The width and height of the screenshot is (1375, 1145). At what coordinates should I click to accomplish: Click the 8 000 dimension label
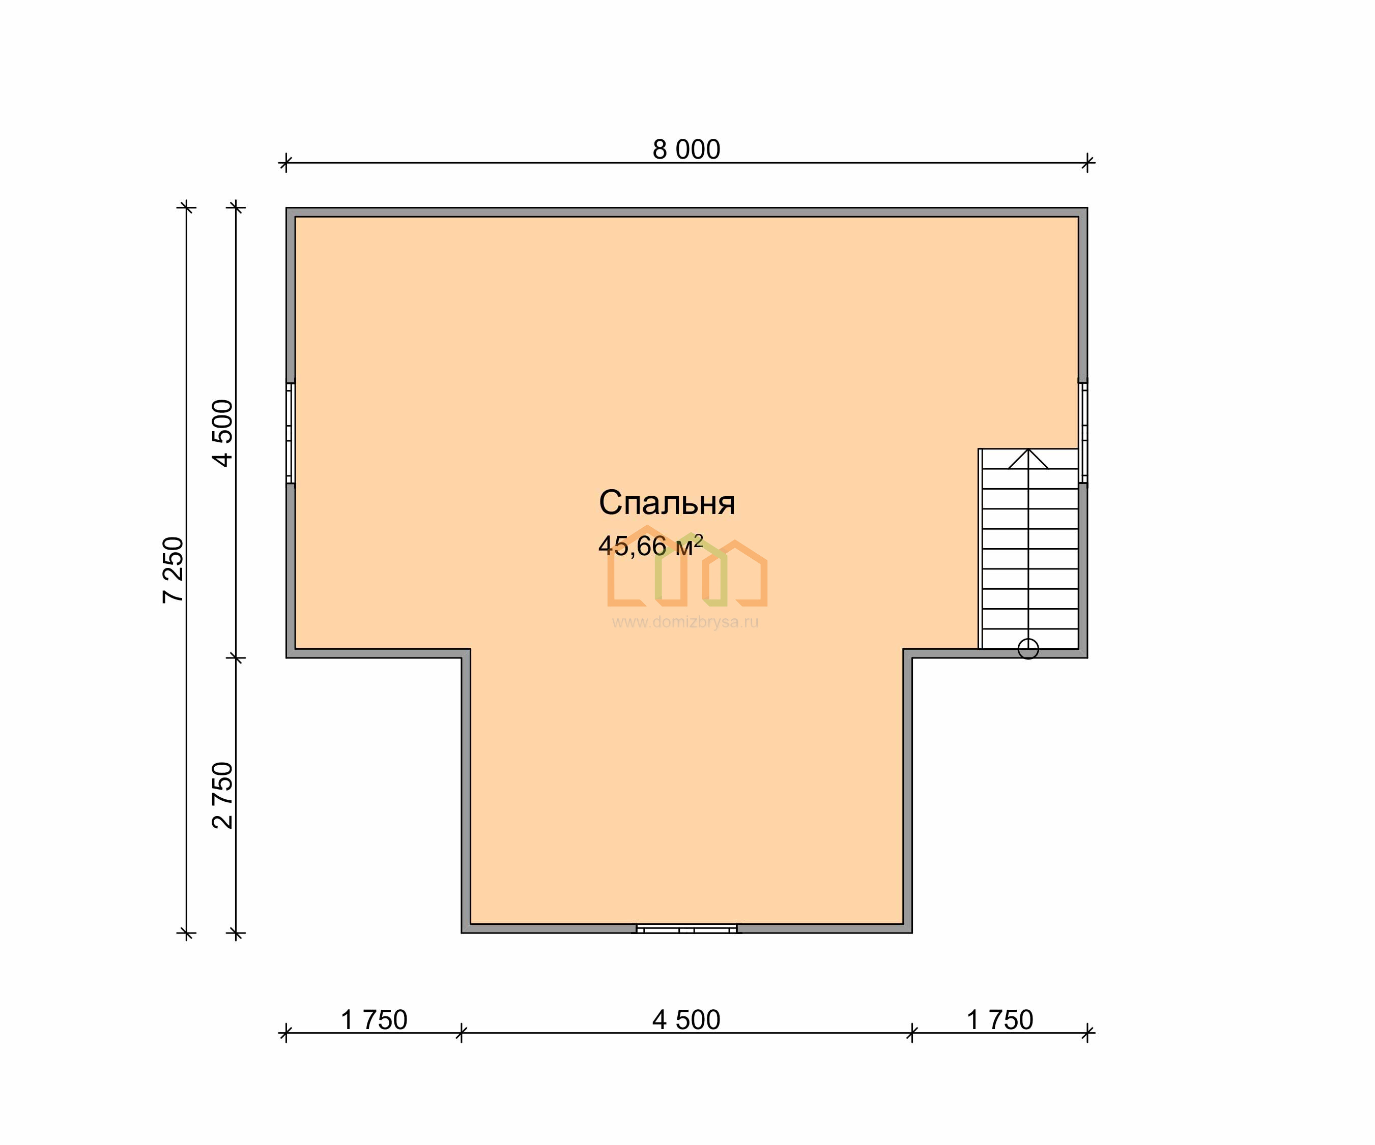tap(686, 150)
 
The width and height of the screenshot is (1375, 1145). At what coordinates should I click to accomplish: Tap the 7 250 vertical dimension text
tap(174, 570)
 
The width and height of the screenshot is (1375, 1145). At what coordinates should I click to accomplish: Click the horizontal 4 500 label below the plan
tap(686, 1020)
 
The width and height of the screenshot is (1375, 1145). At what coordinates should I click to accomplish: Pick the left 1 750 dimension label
tap(375, 1020)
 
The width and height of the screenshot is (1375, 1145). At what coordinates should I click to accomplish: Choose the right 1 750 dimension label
tap(1000, 1020)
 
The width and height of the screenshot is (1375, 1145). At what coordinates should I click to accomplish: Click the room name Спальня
tap(667, 502)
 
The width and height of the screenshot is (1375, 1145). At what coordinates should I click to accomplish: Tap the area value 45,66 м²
tap(651, 545)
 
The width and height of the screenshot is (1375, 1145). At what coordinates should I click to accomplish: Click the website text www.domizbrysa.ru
tap(685, 622)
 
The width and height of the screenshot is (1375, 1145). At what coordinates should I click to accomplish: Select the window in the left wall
tap(291, 433)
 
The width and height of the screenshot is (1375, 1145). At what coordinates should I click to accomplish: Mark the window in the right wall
tap(1083, 433)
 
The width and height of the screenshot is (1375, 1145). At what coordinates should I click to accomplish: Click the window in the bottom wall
tap(686, 928)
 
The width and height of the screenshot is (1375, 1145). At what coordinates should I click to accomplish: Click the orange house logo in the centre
tap(687, 566)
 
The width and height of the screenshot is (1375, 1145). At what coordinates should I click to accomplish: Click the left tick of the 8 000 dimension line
tap(285, 162)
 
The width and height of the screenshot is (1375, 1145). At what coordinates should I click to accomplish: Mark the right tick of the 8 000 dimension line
tap(1087, 162)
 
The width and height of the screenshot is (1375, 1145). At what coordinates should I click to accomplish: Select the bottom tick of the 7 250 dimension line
tap(187, 932)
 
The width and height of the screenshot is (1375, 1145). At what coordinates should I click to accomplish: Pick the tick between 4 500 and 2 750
tap(236, 657)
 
